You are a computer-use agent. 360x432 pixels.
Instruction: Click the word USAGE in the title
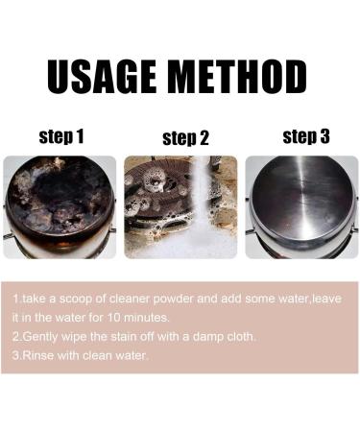pos(108,77)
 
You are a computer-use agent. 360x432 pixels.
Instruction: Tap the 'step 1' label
pos(61,137)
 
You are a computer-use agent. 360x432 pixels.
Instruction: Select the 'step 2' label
pos(185,138)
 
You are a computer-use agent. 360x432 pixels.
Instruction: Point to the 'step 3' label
pos(306,136)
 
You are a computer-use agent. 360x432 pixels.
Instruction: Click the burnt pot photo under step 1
pos(60,206)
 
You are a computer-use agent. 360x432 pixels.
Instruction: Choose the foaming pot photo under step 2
pos(180,206)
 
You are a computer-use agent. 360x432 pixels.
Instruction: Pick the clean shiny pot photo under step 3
pos(301,206)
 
